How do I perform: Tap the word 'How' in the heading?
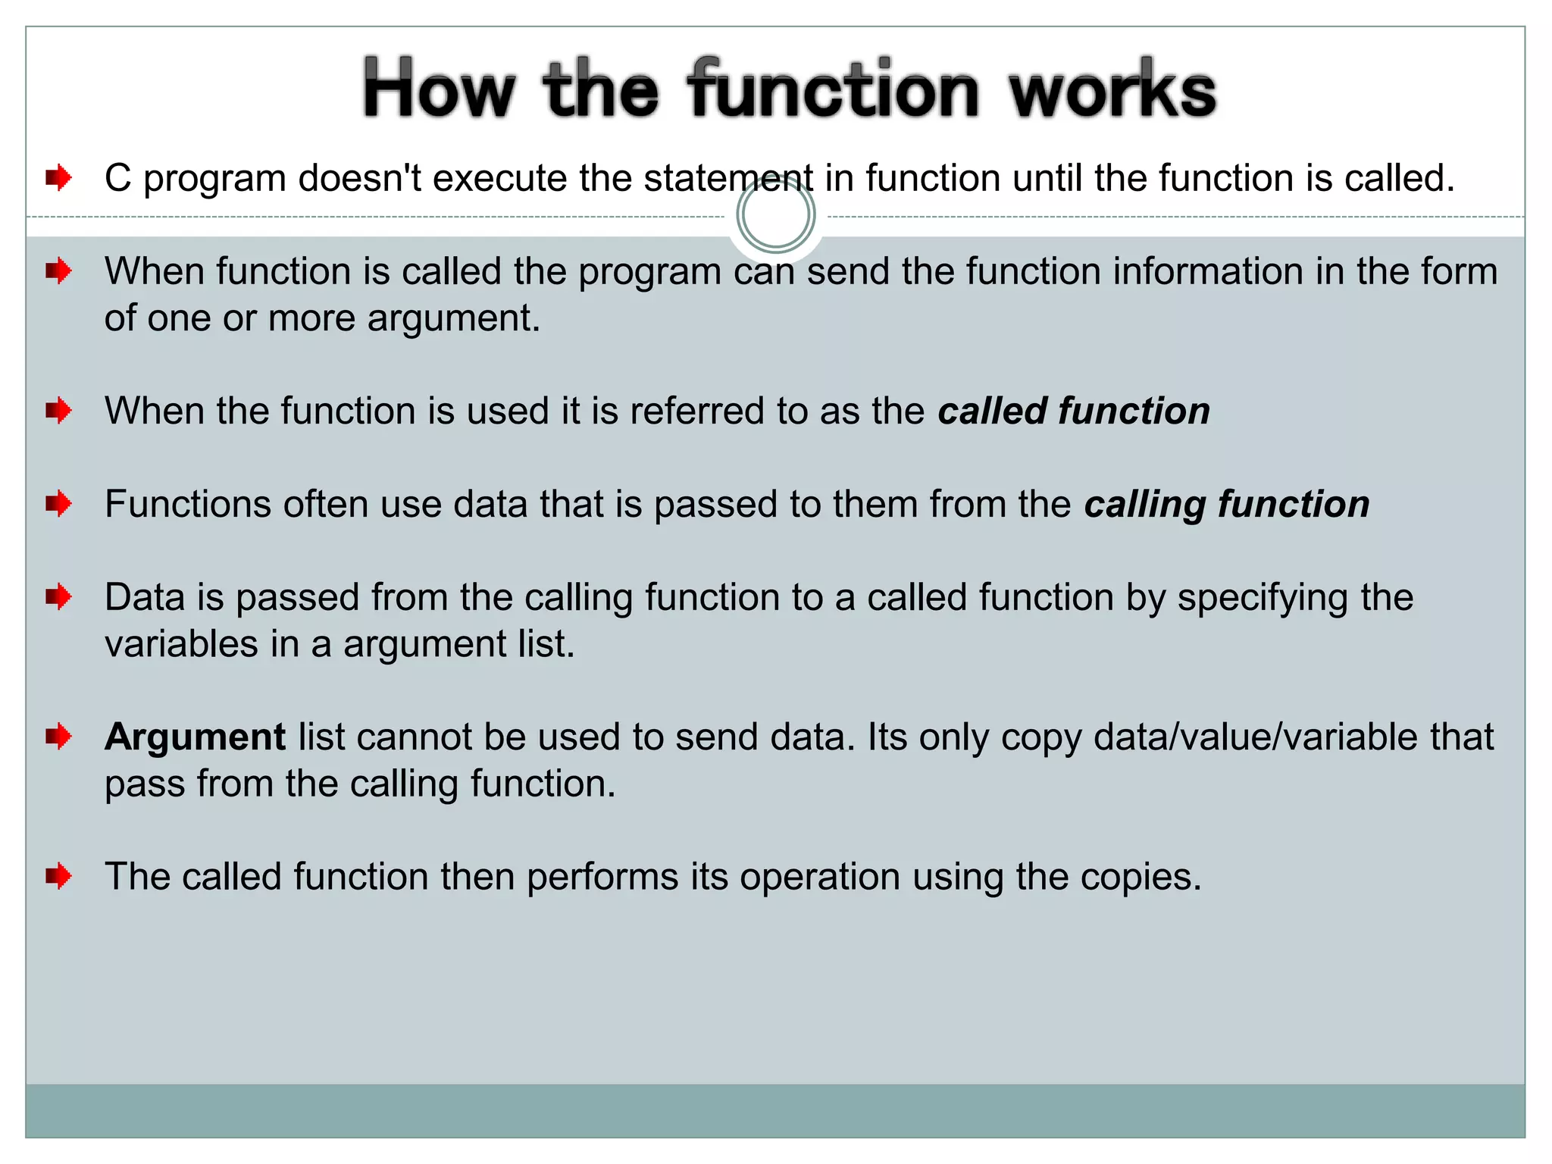click(x=439, y=91)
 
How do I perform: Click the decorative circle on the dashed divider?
click(x=775, y=214)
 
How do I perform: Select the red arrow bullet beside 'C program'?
click(x=58, y=178)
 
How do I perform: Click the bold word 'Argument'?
click(x=196, y=737)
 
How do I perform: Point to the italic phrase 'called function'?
click(x=1074, y=411)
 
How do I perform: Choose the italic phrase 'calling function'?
click(x=1227, y=504)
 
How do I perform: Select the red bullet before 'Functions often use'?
click(x=58, y=504)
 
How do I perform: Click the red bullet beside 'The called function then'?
click(x=58, y=877)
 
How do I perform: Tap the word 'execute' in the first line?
click(x=499, y=178)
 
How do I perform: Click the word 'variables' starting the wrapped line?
click(x=181, y=644)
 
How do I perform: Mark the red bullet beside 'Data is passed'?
click(x=58, y=598)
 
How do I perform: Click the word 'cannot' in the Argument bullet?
click(x=414, y=737)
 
